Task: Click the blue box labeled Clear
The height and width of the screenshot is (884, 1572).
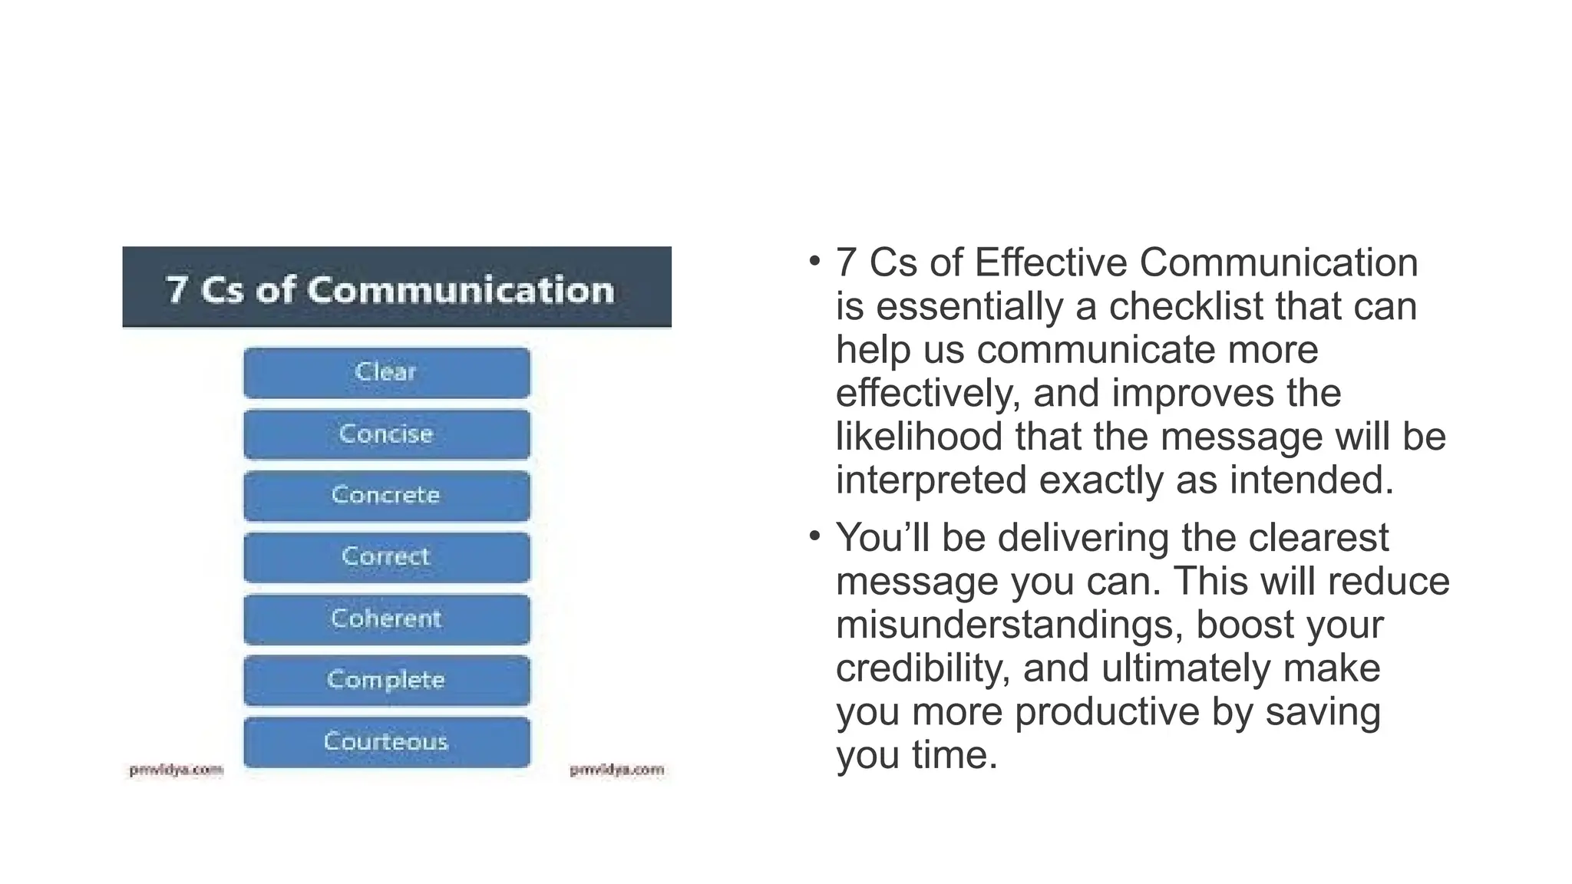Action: coord(387,373)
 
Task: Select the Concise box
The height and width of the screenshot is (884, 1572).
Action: coord(387,434)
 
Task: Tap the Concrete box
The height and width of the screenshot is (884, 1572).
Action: coord(387,496)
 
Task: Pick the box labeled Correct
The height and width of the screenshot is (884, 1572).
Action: coord(387,557)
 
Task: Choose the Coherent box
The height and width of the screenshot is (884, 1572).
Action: coord(387,618)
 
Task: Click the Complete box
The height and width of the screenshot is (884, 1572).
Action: coord(387,680)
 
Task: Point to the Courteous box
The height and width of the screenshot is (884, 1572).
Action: coord(387,741)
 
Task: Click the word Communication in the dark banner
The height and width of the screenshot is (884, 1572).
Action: coord(461,290)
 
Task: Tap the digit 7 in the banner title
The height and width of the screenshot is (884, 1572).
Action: coord(177,290)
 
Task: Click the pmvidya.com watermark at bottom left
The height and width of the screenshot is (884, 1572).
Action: coord(176,770)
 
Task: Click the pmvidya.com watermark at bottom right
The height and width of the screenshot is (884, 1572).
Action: coord(616,770)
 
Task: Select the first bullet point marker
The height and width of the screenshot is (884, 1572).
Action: coord(814,261)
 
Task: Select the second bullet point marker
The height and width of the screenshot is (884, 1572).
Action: coord(814,535)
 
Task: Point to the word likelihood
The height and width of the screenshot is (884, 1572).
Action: coord(919,437)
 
